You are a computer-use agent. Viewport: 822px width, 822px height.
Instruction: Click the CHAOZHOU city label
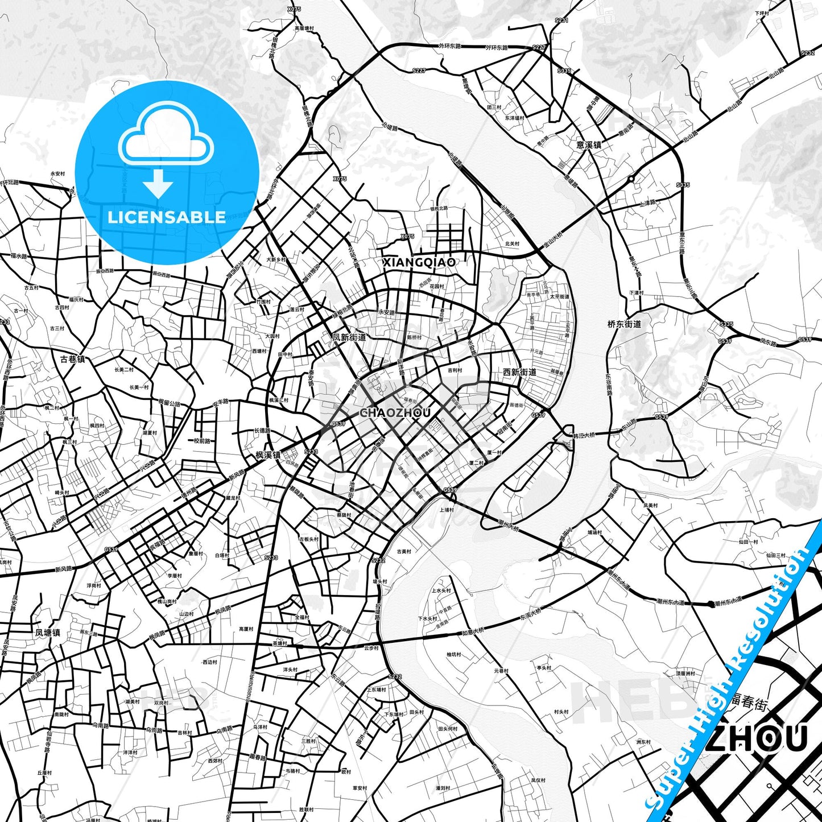[395, 413]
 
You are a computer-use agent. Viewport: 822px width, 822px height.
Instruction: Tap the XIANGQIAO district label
[419, 262]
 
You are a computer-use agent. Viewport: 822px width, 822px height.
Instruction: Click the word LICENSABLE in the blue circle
[167, 217]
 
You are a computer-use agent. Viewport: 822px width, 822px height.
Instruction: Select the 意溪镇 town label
[589, 145]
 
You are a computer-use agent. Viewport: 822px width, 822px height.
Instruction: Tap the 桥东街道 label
[624, 324]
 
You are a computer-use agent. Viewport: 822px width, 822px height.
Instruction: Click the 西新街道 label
[519, 372]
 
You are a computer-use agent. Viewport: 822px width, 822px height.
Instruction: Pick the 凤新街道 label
[349, 337]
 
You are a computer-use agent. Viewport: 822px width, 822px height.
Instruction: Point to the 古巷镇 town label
[72, 359]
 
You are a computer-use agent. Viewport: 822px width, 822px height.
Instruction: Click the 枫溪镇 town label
[268, 455]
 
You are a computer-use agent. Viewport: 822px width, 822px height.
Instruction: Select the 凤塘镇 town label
[47, 633]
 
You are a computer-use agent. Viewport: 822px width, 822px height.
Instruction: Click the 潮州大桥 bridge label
[508, 527]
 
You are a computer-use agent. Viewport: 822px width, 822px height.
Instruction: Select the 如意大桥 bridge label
[473, 631]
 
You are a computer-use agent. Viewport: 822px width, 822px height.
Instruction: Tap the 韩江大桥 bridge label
[584, 435]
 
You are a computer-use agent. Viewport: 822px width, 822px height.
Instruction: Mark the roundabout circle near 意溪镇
[631, 179]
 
